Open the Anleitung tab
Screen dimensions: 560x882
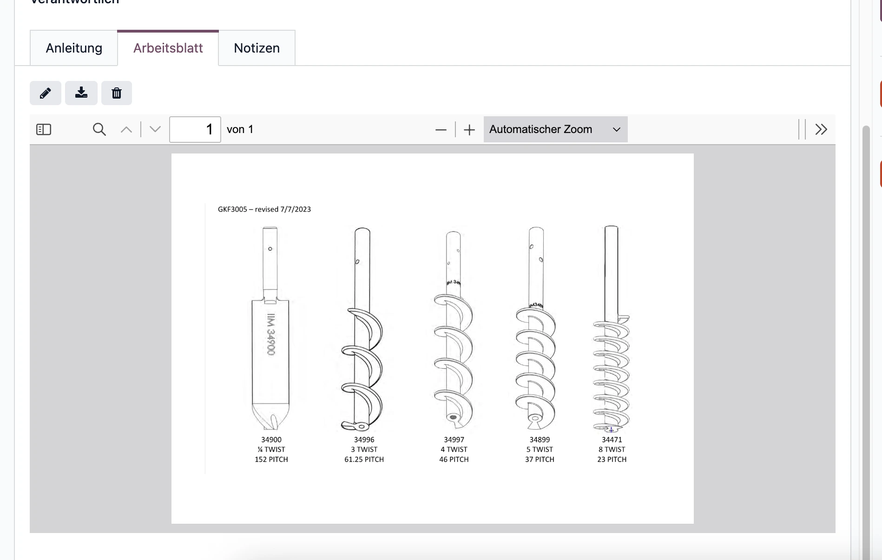(x=74, y=48)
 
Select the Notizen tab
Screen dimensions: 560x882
(x=257, y=48)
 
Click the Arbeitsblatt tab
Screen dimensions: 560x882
(x=168, y=48)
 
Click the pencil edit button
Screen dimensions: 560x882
(x=46, y=93)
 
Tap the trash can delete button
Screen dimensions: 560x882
(x=117, y=93)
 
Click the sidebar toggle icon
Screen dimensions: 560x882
(x=44, y=129)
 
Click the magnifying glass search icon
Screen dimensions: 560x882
(x=99, y=129)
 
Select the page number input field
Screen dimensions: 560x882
(x=195, y=129)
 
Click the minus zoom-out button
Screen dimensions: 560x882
(x=441, y=130)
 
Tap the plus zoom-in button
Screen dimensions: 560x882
(x=469, y=130)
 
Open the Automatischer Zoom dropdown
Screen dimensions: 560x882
(x=555, y=129)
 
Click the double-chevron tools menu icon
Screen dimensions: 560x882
(x=821, y=129)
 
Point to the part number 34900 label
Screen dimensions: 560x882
(x=271, y=440)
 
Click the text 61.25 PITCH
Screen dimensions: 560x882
(x=364, y=460)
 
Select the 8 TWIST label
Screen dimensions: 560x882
(x=612, y=449)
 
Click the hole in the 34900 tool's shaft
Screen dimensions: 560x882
(x=270, y=249)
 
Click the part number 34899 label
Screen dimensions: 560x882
(x=540, y=440)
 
